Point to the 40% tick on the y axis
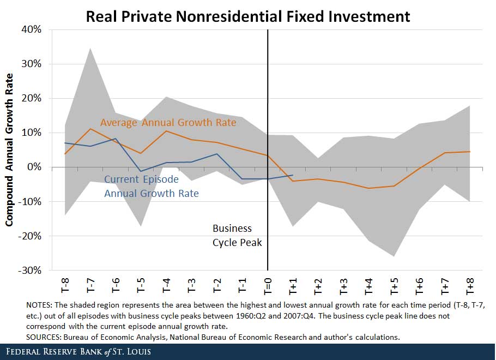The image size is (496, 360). (31, 29)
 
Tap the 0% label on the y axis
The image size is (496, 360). (34, 167)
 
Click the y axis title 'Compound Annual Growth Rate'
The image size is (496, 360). (9, 151)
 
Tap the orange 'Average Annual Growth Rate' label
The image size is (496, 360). (168, 123)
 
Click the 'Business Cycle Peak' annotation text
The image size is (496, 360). (237, 235)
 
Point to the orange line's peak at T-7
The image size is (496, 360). (90, 129)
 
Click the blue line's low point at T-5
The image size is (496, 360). (141, 172)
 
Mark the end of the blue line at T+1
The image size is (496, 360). (293, 175)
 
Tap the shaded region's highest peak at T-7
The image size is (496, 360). (90, 49)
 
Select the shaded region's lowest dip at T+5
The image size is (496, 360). (394, 256)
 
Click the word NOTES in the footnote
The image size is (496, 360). (40, 304)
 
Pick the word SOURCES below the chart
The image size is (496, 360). (44, 337)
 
